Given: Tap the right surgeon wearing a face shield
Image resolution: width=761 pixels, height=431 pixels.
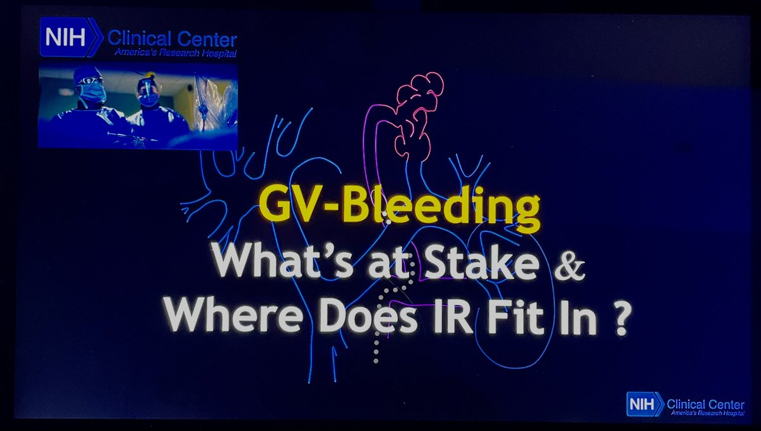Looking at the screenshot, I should point(148,92).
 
